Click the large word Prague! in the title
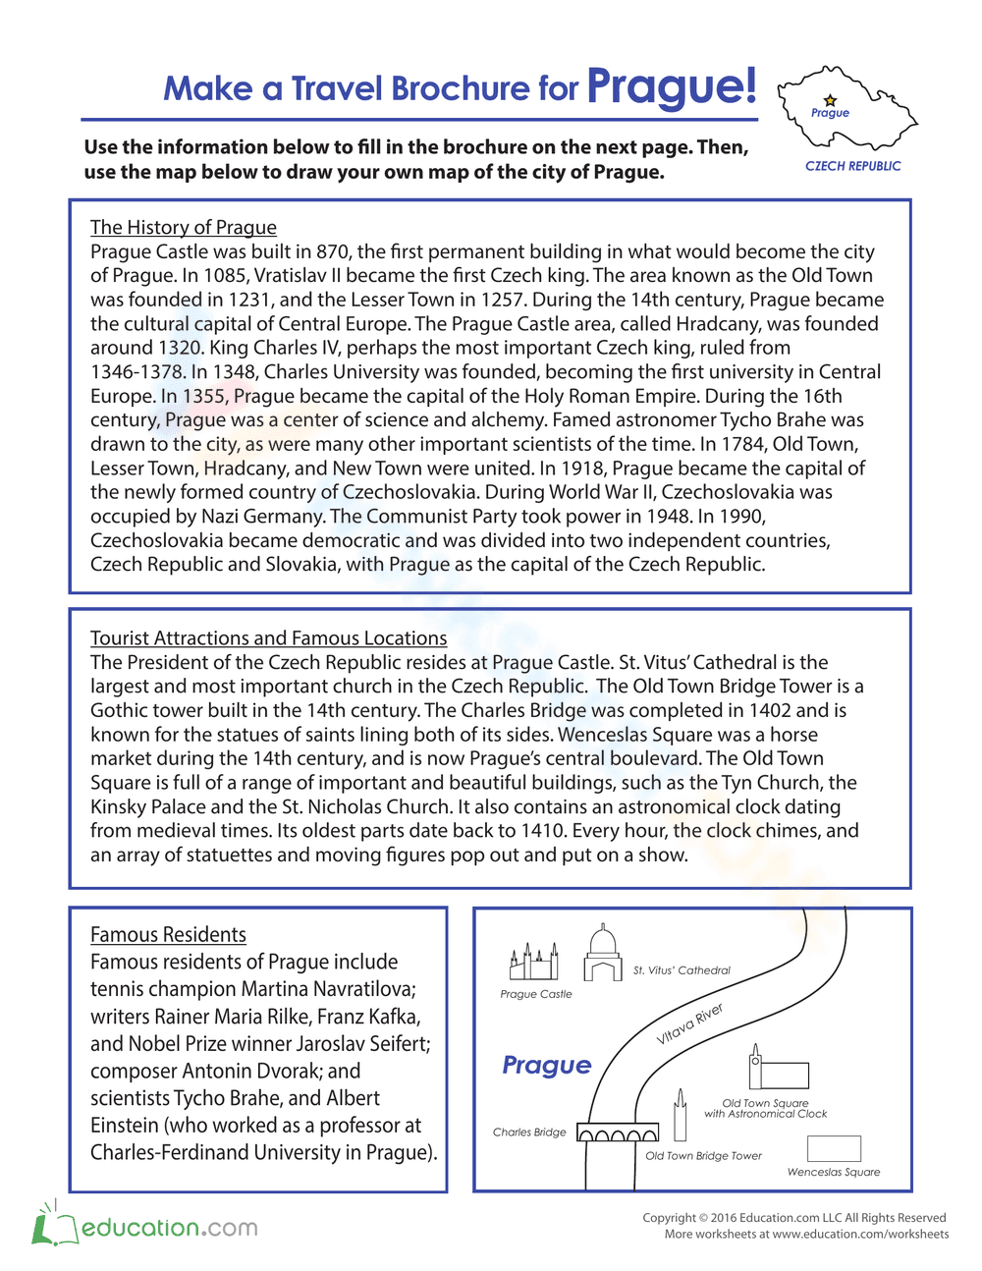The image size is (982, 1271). pyautogui.click(x=672, y=86)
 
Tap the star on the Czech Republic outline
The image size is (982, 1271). pyautogui.click(x=831, y=100)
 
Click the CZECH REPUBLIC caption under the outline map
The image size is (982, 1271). pyautogui.click(x=852, y=166)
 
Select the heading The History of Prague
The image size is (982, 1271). pyautogui.click(x=184, y=227)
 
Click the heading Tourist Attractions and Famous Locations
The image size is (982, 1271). pyautogui.click(x=268, y=637)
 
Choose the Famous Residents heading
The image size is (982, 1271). pyautogui.click(x=168, y=934)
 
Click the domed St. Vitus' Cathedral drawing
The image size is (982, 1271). pyautogui.click(x=603, y=955)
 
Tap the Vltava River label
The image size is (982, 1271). pyautogui.click(x=689, y=1024)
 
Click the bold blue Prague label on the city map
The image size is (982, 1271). pyautogui.click(x=547, y=1065)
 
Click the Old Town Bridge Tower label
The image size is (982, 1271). pyautogui.click(x=703, y=1156)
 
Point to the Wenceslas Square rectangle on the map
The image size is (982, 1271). pyautogui.click(x=834, y=1148)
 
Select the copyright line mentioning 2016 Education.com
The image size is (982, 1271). pyautogui.click(x=793, y=1218)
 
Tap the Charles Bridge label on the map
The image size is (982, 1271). pyautogui.click(x=529, y=1133)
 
